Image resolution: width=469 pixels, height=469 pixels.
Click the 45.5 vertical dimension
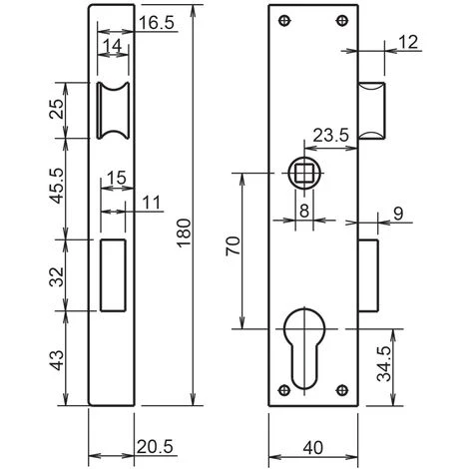pyautogui.click(x=56, y=185)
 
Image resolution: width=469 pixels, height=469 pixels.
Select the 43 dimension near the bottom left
pyautogui.click(x=56, y=355)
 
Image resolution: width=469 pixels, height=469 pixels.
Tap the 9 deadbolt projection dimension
pyautogui.click(x=424, y=215)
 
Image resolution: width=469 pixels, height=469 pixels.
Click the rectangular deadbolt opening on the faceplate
pyautogui.click(x=112, y=274)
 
